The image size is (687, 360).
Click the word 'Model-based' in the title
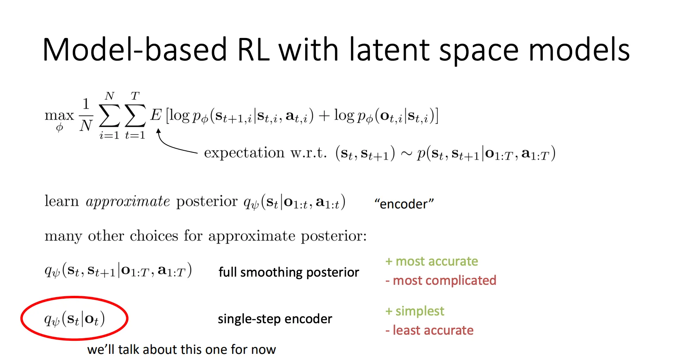tap(134, 49)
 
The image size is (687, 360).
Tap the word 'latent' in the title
tap(389, 49)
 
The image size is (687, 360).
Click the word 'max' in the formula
tap(59, 116)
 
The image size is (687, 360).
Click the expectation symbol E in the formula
tap(155, 115)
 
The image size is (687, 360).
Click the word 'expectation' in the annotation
tap(244, 153)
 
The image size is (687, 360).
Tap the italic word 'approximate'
tap(128, 201)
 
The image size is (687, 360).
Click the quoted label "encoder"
tap(404, 203)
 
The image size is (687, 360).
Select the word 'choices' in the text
tap(154, 236)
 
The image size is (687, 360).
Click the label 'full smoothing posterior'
tap(289, 272)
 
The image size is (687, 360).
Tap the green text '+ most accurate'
tap(432, 261)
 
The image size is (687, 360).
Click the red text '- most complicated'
tap(441, 280)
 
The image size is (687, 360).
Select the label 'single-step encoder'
tap(275, 319)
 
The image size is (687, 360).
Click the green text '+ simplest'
tap(414, 311)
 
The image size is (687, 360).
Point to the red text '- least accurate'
tap(430, 330)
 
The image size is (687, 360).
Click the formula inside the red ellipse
tap(74, 319)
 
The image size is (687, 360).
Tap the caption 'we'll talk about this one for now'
tap(181, 349)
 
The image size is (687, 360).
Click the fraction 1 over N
tap(86, 115)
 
